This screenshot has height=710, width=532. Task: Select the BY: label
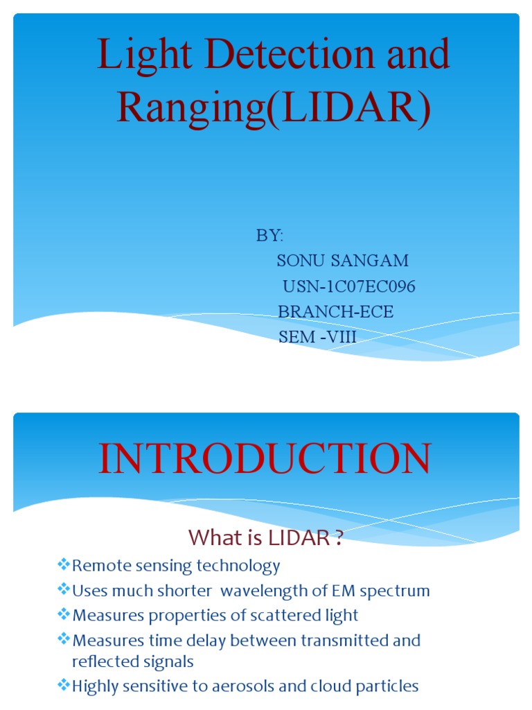[x=269, y=236]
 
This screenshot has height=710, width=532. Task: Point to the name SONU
[x=301, y=261]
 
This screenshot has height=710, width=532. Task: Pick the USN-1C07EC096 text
[x=349, y=286]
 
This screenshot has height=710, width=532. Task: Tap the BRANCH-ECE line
[x=335, y=312]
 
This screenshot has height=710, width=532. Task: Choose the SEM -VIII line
[x=317, y=337]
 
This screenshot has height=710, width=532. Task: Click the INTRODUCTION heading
[x=265, y=460]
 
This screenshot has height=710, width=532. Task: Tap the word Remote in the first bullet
[x=98, y=566]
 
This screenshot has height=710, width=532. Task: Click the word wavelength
[x=271, y=591]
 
